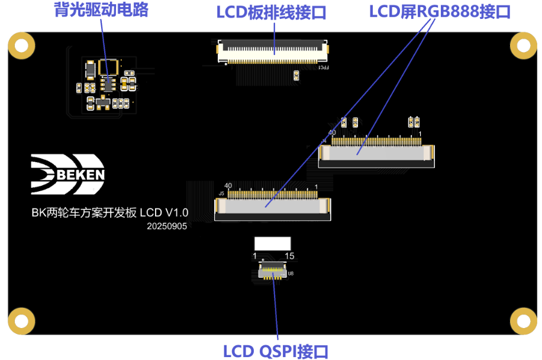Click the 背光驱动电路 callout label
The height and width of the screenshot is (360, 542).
(x=101, y=10)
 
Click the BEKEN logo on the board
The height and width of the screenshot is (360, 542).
(x=67, y=174)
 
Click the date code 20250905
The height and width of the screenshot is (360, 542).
(x=167, y=226)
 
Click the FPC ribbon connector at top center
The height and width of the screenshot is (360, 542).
(x=273, y=52)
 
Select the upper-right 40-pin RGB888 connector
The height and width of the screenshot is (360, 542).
(x=376, y=153)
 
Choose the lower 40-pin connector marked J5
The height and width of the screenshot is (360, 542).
(x=273, y=205)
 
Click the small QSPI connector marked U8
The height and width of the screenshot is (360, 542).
(x=273, y=273)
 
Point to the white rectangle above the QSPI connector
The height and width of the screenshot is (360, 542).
(x=272, y=243)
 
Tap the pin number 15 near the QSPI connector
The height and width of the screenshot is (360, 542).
(x=289, y=256)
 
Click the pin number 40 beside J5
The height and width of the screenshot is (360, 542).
(x=228, y=185)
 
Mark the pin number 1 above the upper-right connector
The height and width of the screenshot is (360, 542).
(x=420, y=134)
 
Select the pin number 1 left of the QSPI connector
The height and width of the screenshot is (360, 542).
(x=255, y=256)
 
